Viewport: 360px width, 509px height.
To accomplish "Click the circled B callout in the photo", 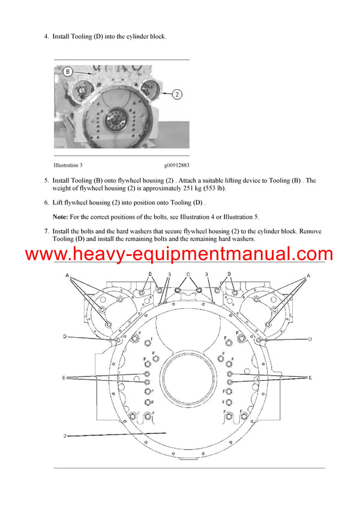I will [x=68, y=72].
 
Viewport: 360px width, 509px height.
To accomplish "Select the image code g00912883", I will [x=176, y=165].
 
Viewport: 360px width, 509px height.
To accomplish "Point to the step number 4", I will [x=46, y=37].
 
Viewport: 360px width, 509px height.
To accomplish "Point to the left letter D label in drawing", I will [x=64, y=337].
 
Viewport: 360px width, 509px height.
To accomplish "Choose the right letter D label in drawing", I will [x=310, y=339].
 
